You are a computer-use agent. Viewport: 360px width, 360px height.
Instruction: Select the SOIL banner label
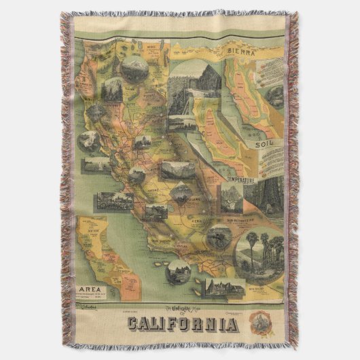click(x=265, y=144)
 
